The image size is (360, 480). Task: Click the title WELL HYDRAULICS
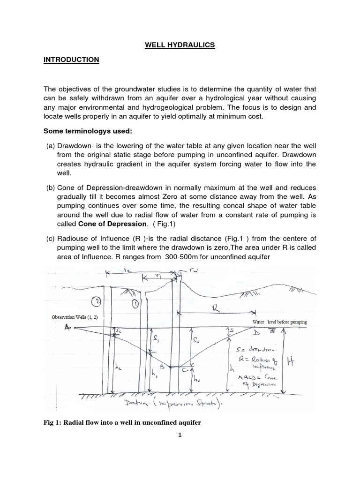coord(180,45)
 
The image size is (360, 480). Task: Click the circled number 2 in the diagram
coord(96,300)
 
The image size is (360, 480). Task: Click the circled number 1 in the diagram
coord(135,303)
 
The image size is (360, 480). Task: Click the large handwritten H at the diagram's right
coord(305,361)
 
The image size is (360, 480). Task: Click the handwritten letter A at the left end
coord(67,328)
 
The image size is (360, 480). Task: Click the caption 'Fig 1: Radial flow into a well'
coord(121,423)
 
